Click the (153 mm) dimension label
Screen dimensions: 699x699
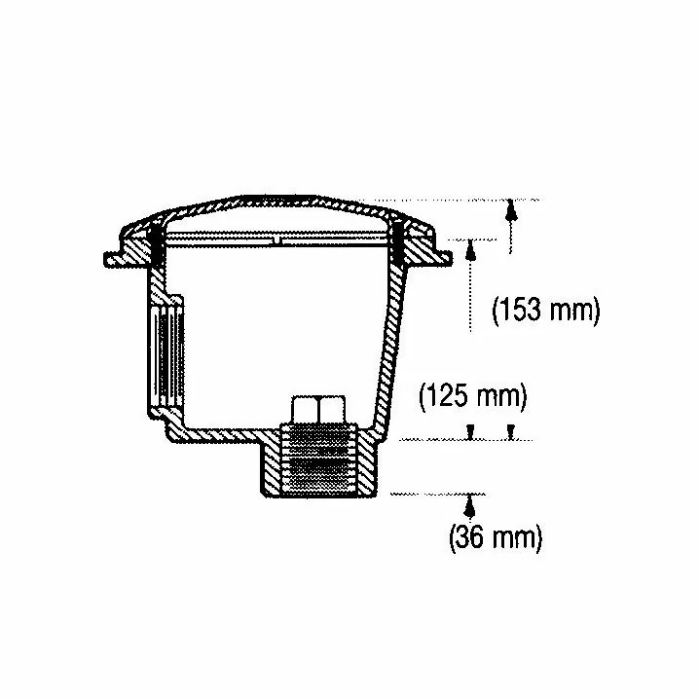546,311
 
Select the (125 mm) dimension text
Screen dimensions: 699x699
473,396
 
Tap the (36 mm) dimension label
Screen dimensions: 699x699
496,537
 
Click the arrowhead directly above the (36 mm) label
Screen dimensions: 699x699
468,506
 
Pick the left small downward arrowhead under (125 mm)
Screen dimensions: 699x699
470,431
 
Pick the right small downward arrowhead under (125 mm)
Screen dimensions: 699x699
511,431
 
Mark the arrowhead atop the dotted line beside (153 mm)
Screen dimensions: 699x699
470,250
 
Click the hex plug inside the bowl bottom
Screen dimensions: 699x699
318,409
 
